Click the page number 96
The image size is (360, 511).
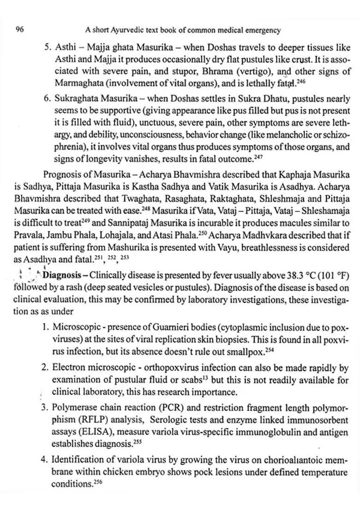tap(19, 30)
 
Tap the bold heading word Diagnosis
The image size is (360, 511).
tap(61, 275)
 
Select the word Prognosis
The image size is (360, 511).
tap(62, 175)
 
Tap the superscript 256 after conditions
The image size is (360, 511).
tap(97, 481)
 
